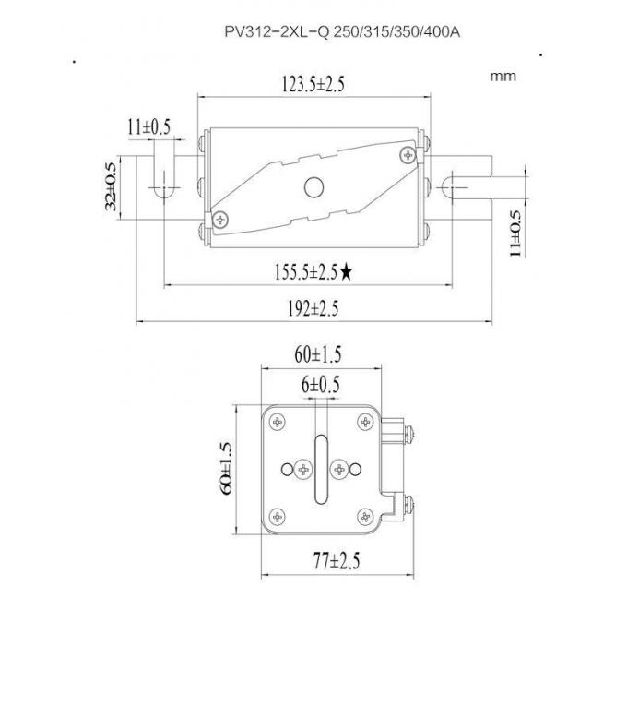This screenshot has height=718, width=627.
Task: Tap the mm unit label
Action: (x=503, y=76)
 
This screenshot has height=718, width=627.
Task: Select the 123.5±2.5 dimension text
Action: (x=313, y=86)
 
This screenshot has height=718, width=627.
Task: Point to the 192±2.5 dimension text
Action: (x=313, y=309)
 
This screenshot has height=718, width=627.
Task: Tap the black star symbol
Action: (x=347, y=271)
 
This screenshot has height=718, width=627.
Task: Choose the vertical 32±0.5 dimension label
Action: (x=112, y=187)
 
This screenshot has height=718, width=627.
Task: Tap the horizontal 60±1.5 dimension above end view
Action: (x=318, y=354)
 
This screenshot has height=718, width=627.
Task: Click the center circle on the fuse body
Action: (x=314, y=187)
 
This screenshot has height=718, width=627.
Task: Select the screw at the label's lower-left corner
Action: (x=222, y=219)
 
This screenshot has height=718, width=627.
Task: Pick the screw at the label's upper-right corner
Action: (x=407, y=154)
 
